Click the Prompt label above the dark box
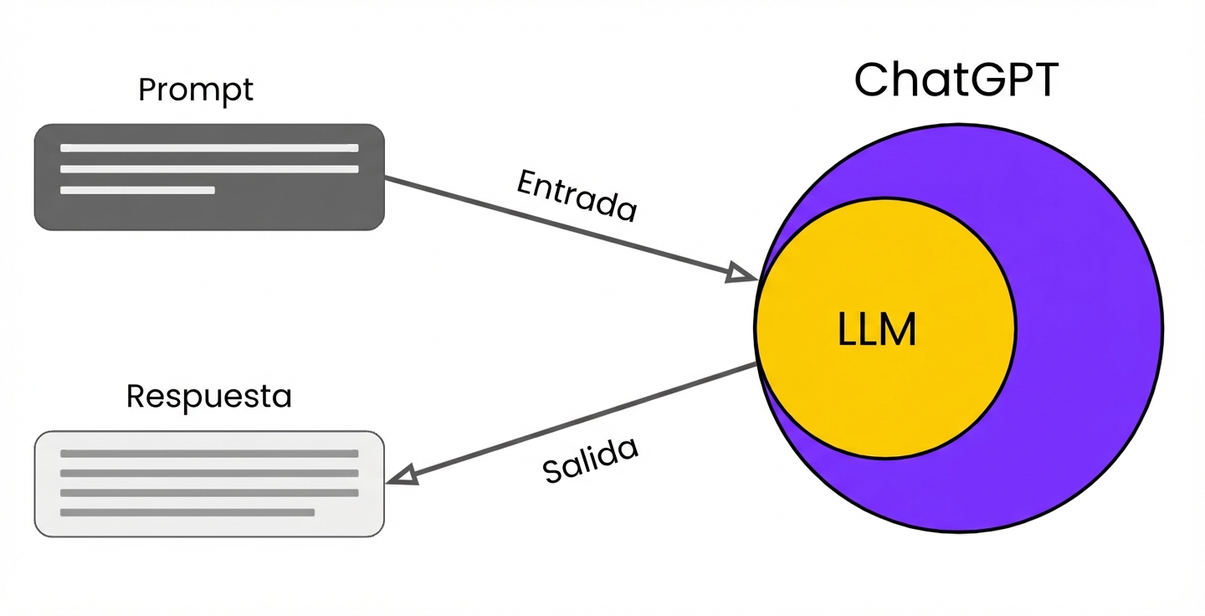tap(196, 90)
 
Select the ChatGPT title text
tap(956, 80)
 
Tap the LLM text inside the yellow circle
tap(877, 330)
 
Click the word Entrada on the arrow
tap(577, 196)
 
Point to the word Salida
tap(590, 459)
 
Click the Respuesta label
tap(209, 396)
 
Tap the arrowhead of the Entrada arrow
tap(741, 274)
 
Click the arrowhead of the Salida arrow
tap(403, 475)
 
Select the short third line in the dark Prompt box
tap(137, 190)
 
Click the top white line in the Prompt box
tap(209, 148)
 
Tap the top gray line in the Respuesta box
tap(209, 454)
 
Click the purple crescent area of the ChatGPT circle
tap(1088, 326)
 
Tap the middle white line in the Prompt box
tap(209, 169)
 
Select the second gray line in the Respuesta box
tap(209, 473)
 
